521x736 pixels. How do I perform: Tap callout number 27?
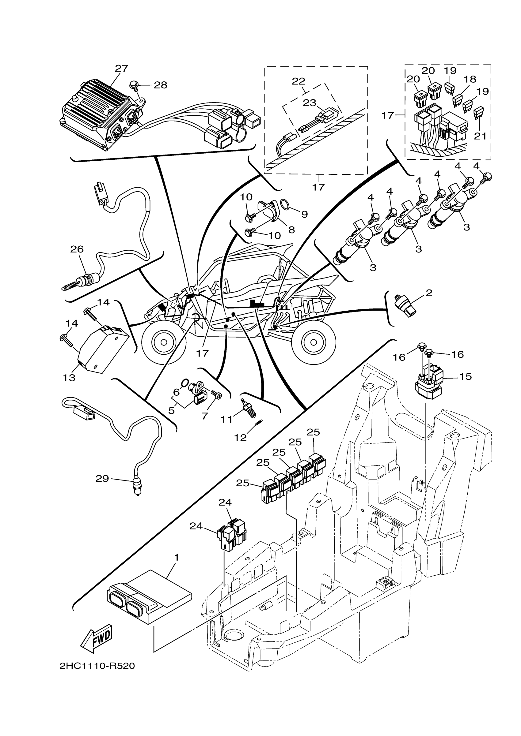122,68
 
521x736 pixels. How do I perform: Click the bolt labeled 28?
133,85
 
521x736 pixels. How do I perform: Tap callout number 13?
69,378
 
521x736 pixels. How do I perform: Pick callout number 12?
240,438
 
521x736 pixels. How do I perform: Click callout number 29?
102,479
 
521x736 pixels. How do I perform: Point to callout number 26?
77,249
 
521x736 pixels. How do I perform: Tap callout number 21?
480,136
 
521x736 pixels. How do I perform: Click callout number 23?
310,103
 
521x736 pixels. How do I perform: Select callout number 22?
298,81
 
